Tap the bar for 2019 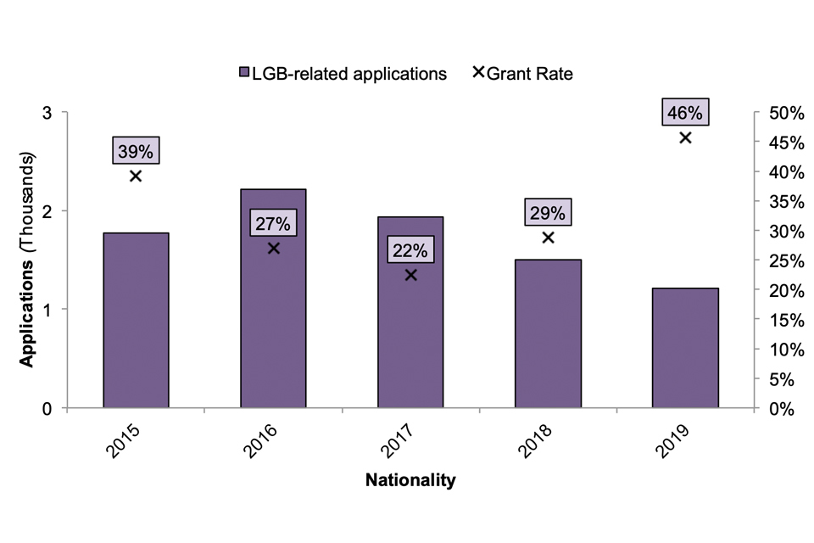(x=685, y=348)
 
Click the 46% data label (x=685, y=113)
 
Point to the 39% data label (x=136, y=151)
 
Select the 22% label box (x=410, y=250)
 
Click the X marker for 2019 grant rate (x=685, y=137)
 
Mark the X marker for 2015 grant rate (x=136, y=176)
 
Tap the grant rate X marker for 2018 (x=548, y=238)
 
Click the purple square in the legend (x=244, y=74)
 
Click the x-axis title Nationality (x=410, y=481)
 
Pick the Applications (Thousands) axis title (x=28, y=260)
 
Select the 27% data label (x=273, y=224)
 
